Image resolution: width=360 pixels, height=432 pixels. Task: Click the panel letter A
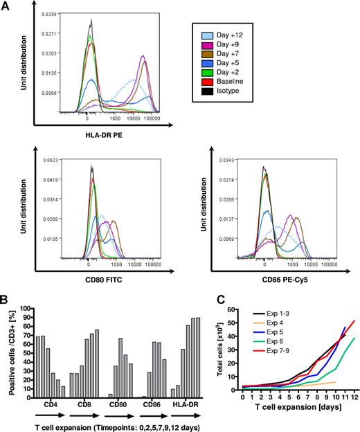tap(6, 6)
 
